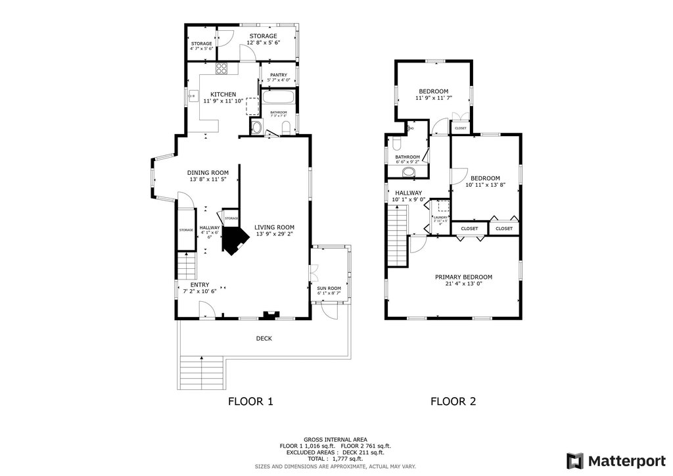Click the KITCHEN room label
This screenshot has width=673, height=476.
click(223, 94)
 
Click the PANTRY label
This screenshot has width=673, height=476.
click(278, 74)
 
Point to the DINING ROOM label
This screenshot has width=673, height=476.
click(208, 173)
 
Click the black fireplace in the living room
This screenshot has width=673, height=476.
click(232, 240)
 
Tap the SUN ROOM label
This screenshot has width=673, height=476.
click(329, 288)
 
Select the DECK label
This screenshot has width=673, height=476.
click(264, 339)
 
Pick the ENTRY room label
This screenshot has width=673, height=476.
click(200, 285)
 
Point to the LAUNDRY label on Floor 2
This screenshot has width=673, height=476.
click(440, 218)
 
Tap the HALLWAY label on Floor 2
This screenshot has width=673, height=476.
click(408, 193)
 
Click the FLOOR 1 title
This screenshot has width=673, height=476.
click(250, 401)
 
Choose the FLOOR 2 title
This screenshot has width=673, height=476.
click(453, 401)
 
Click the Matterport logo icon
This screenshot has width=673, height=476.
click(575, 460)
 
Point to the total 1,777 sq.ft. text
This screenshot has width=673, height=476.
click(335, 458)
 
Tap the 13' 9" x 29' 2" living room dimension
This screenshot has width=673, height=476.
click(274, 233)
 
